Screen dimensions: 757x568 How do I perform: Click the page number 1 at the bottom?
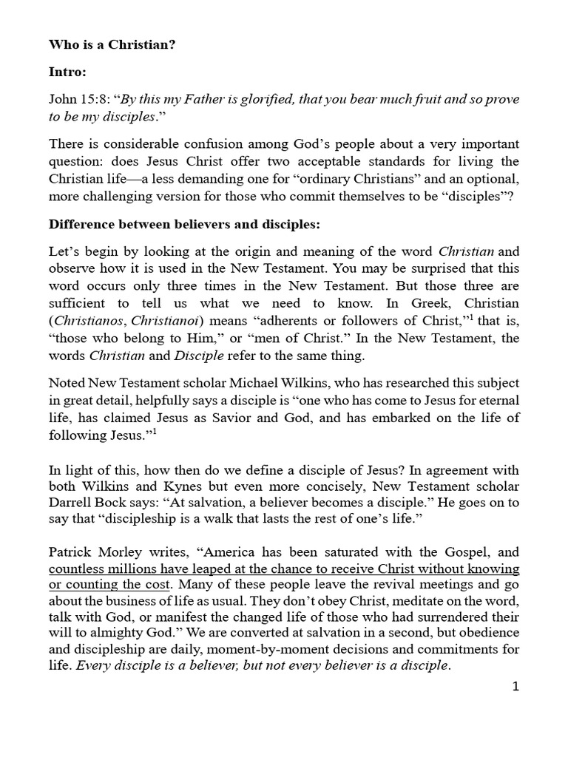(x=516, y=687)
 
